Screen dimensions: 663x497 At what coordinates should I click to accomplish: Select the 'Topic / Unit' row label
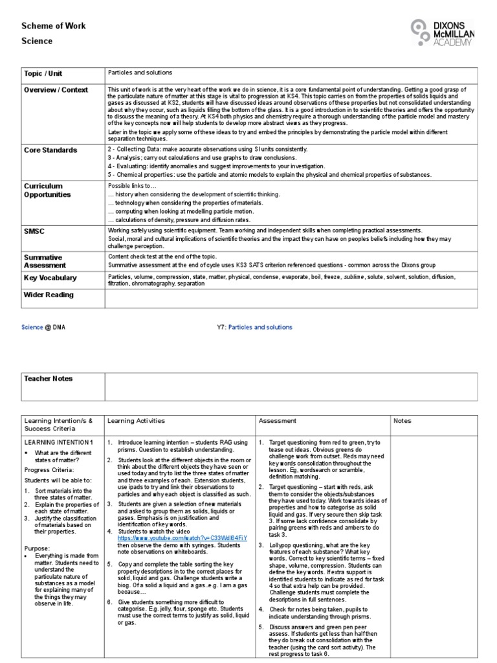coord(43,74)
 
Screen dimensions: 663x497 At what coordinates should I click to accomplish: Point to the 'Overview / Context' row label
coord(56,90)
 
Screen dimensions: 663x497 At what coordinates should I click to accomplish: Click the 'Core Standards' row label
coord(50,150)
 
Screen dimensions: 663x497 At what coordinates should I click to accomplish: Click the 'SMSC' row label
coord(35,231)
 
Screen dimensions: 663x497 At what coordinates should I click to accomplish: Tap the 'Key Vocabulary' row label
coord(50,278)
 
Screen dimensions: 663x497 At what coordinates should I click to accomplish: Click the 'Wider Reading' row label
coord(49,295)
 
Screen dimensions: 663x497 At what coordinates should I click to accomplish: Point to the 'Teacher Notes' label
coord(49,379)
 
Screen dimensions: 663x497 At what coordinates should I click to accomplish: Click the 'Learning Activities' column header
coord(136,421)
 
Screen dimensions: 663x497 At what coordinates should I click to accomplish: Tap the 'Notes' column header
coord(402,421)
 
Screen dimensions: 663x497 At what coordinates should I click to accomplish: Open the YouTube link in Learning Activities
coord(182,538)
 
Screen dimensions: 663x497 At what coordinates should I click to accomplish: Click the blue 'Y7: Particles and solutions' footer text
coord(254,328)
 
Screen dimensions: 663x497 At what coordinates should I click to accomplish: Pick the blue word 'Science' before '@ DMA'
coord(32,328)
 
